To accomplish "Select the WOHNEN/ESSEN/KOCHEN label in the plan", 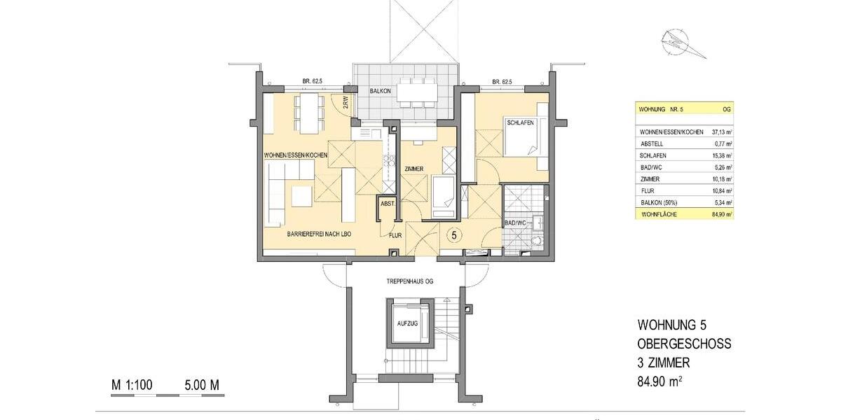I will click(295, 155).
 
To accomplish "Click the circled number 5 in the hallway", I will click(454, 235).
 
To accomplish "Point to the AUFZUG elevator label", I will click(407, 324).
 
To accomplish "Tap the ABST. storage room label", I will click(387, 204).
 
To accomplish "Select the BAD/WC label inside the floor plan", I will click(515, 223).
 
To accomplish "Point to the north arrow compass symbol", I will click(676, 39).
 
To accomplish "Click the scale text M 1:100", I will click(132, 385).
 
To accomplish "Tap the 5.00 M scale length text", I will click(203, 385).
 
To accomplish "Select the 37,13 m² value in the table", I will click(721, 132).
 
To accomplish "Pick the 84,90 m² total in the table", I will click(721, 214).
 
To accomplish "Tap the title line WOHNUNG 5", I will click(676, 325).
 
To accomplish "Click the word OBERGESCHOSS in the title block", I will click(684, 344).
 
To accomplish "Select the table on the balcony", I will click(418, 92).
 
